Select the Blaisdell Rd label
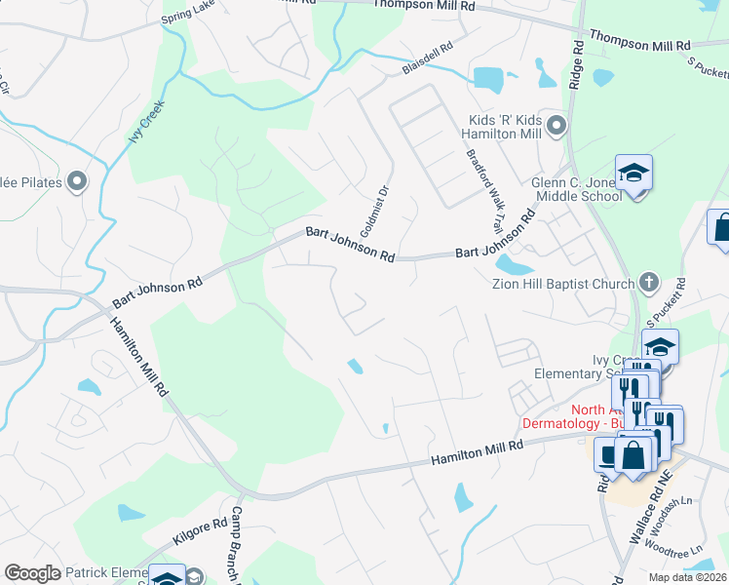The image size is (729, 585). [x=428, y=58]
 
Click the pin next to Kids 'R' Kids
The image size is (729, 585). [x=556, y=125]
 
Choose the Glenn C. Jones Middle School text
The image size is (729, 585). [x=576, y=189]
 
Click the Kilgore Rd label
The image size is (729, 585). [x=201, y=530]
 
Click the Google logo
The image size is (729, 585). [x=32, y=573]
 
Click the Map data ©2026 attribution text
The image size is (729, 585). [x=686, y=577]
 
